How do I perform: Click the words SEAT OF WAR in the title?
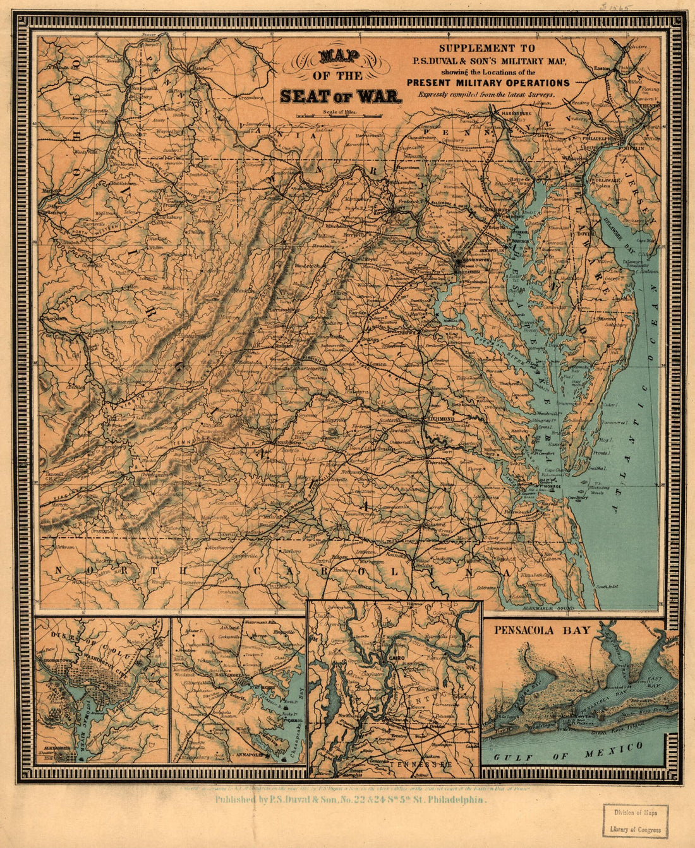(341, 97)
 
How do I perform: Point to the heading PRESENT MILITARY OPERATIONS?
(488, 83)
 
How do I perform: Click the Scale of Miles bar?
(340, 116)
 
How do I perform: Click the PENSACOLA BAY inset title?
(542, 630)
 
